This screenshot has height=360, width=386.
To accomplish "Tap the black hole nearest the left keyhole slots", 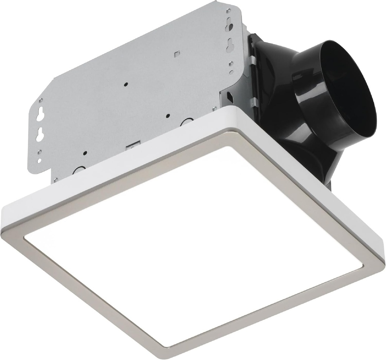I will tap(85, 153).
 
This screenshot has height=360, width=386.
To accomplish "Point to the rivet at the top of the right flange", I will tap(228, 11).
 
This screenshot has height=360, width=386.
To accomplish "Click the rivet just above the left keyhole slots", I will tap(41, 101).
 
